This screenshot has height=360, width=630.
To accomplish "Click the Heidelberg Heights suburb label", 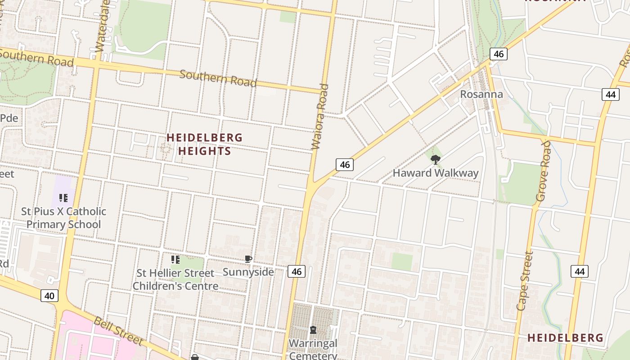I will (x=205, y=144).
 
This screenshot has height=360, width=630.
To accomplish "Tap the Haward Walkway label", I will (x=435, y=173).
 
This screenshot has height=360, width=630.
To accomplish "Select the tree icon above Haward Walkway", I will (x=435, y=159).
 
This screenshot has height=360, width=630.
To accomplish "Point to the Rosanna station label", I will (x=481, y=94).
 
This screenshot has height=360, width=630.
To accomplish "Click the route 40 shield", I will (x=49, y=296).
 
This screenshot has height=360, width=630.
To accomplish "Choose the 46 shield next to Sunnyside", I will (x=296, y=271).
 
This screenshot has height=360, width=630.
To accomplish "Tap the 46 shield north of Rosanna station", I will (x=498, y=54).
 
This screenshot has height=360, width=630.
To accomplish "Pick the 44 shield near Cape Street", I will (x=580, y=271).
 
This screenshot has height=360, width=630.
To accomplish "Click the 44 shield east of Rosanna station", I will (x=610, y=94).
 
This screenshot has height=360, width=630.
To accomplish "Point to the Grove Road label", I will (x=543, y=171).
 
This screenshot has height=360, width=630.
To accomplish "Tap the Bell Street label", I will (x=118, y=331).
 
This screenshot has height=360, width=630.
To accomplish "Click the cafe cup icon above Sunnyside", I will (x=248, y=259).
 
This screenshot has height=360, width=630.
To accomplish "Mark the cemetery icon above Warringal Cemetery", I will (x=313, y=330).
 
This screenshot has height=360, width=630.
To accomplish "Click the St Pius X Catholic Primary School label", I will (x=63, y=218).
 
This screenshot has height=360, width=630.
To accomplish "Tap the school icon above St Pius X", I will (x=63, y=198).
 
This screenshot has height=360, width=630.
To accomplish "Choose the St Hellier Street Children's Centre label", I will (x=175, y=279).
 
